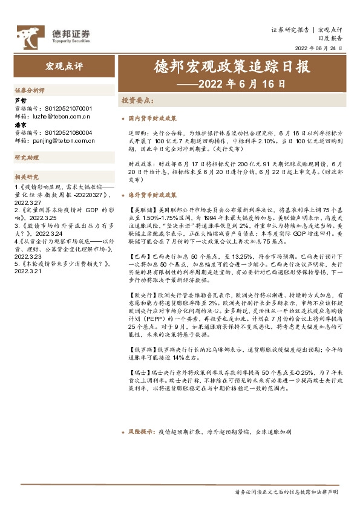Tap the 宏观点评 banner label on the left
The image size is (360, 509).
[x=63, y=65]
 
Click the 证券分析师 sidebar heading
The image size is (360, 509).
[x=30, y=90]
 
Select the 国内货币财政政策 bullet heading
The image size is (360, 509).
[x=152, y=119]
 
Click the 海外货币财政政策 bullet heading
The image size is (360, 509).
[x=152, y=195]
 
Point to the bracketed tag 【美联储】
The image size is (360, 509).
[x=142, y=210]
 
